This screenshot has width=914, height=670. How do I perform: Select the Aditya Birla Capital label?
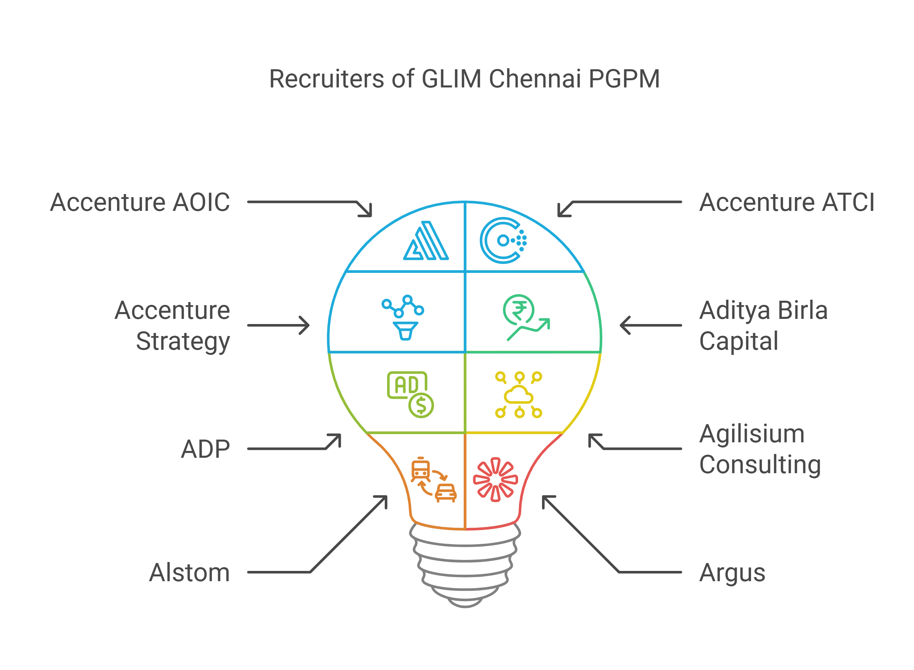click(x=763, y=325)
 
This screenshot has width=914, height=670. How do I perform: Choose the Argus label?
click(x=732, y=573)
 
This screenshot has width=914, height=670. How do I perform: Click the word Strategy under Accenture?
click(x=183, y=342)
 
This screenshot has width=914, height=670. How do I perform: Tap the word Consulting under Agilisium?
click(x=760, y=464)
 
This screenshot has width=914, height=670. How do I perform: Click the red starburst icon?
click(x=495, y=479)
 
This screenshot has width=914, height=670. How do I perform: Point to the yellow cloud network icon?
click(x=518, y=395)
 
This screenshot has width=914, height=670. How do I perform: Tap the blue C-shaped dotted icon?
click(x=502, y=240)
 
